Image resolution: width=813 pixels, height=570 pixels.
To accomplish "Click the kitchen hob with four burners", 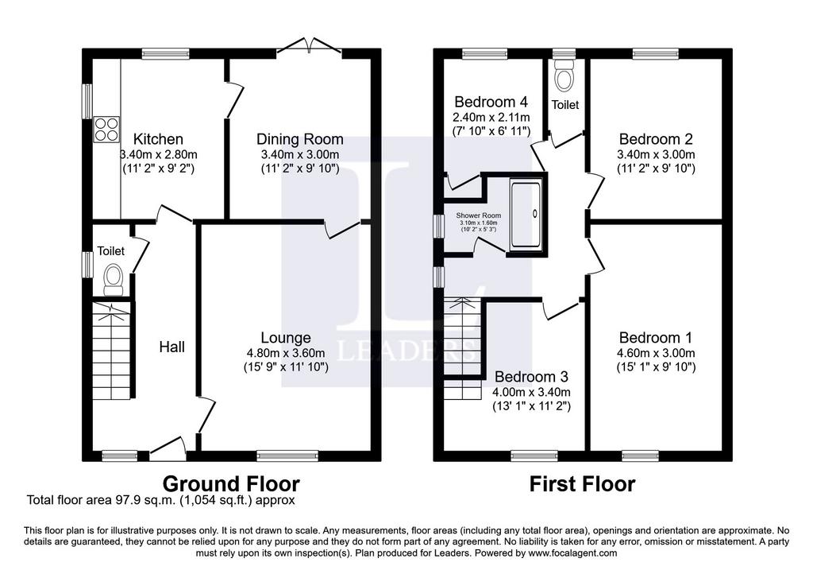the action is (106, 130).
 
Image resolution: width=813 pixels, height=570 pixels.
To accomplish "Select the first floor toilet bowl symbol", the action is (564, 76).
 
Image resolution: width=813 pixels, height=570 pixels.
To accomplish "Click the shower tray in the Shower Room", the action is (526, 213).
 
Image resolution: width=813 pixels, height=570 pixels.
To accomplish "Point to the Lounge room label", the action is (286, 338).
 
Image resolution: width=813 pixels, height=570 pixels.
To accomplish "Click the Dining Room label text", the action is (299, 139).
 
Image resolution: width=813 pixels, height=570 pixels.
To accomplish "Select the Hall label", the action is (171, 347).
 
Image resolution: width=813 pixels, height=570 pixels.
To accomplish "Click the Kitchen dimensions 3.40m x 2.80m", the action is (158, 154).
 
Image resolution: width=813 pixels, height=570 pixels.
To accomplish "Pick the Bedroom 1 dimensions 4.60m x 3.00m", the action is (656, 353).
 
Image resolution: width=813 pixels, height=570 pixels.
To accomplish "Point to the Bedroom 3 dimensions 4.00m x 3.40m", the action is (531, 392).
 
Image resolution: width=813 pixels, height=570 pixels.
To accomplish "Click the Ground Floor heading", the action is (231, 483).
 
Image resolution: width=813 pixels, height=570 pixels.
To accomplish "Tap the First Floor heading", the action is (582, 484).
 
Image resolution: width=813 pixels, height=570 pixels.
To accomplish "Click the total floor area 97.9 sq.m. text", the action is (160, 500).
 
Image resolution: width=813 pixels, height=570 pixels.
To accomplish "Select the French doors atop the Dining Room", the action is (310, 45).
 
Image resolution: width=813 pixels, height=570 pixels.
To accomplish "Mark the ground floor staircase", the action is (111, 351).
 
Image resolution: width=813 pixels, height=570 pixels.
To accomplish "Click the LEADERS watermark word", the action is (407, 351).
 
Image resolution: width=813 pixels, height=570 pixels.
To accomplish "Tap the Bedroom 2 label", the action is (656, 139).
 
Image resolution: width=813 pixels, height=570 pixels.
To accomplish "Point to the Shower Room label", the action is (479, 215).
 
